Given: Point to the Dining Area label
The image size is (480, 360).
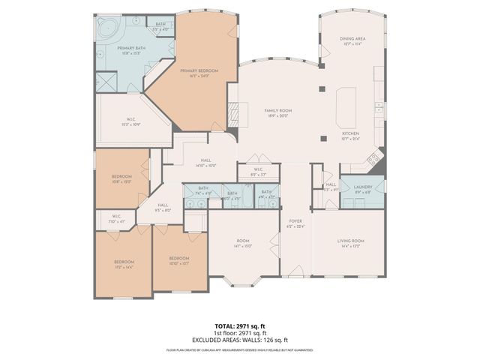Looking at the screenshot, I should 351,42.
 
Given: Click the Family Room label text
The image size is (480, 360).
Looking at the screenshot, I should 277,112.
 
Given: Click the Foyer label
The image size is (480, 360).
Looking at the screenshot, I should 295,223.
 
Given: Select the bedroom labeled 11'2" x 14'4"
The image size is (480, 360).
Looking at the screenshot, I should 124,264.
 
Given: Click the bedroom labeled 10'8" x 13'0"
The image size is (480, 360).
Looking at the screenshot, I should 121,178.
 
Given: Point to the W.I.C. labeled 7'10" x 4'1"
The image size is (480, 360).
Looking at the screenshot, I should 116,218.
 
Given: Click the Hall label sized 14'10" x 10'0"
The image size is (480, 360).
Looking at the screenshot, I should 205,163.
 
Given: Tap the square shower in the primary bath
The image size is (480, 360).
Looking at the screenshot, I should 106,82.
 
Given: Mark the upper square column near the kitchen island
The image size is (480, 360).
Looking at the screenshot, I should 322,88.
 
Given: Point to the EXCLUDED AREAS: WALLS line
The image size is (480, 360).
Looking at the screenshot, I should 240,340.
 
